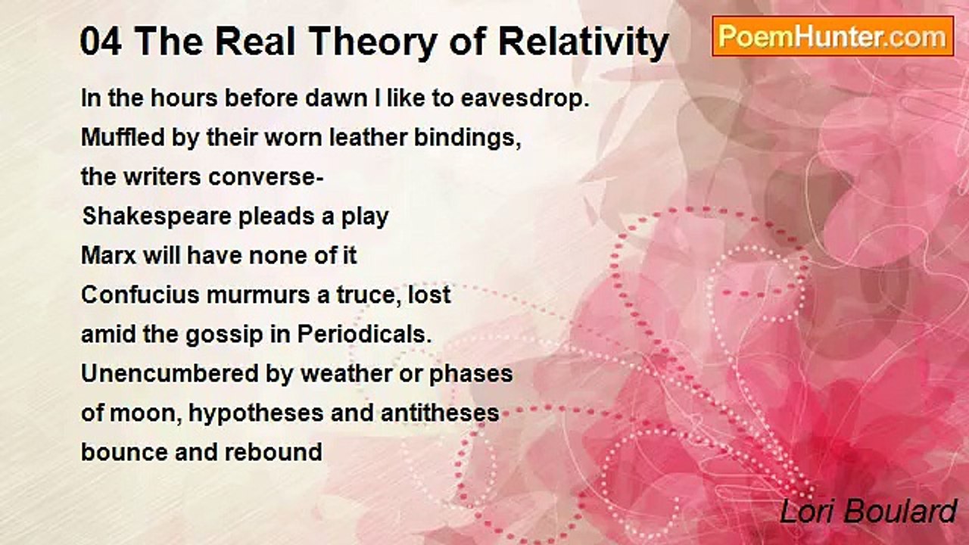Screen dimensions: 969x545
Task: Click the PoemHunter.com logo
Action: [x=833, y=36]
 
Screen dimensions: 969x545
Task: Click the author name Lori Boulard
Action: [x=868, y=512]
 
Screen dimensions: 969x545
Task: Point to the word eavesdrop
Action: [x=525, y=99]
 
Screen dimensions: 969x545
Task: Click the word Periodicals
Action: [x=364, y=335]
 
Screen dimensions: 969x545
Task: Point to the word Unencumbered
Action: [x=170, y=374]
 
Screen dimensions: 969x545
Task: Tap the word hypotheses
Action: [x=256, y=413]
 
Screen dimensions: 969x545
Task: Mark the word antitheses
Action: [x=440, y=413]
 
